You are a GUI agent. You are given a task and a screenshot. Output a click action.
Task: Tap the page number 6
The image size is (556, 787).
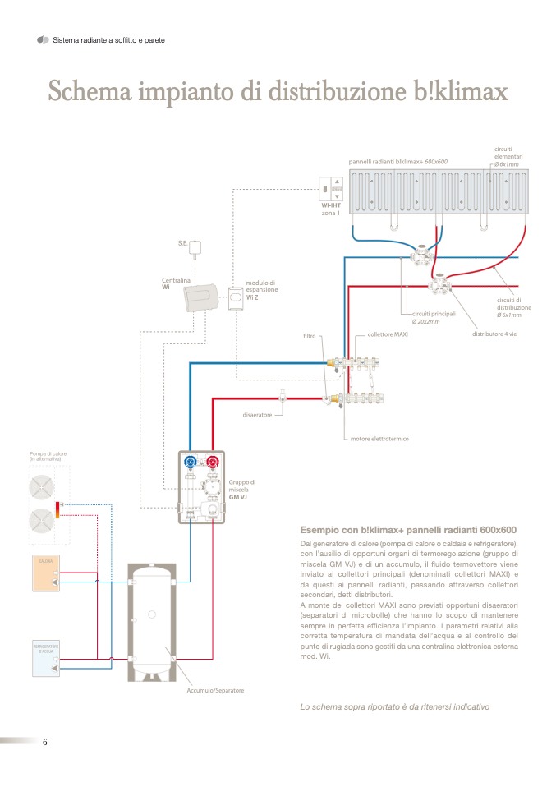click(45, 742)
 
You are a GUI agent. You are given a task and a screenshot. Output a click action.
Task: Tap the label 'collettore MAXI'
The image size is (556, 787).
click(388, 335)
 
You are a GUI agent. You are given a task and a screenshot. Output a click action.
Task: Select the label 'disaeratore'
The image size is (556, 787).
click(257, 415)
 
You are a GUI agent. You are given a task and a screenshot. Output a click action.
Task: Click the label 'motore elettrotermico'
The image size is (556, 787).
click(379, 439)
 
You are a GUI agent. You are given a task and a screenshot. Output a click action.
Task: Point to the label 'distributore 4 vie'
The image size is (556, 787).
click(494, 334)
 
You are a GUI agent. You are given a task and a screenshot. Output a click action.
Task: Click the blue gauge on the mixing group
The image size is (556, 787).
click(191, 463)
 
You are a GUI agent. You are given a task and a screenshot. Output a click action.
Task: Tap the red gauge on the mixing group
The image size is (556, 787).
click(214, 463)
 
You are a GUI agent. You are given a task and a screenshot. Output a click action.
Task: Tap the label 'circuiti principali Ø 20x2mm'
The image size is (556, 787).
click(432, 318)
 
